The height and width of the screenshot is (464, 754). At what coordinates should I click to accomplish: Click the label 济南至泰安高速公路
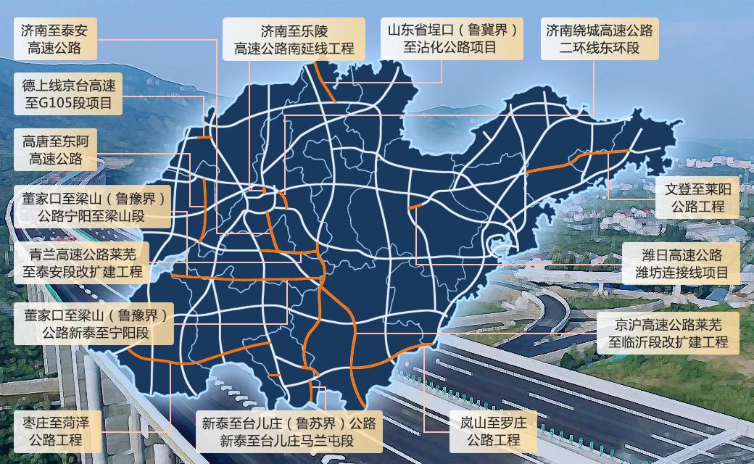(x=55, y=39)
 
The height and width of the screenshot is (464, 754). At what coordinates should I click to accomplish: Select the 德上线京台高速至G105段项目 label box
(x=69, y=93)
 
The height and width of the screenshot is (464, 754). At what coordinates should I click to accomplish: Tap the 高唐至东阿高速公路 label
(x=55, y=149)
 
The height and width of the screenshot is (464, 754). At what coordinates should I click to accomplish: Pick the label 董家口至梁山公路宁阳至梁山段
(x=92, y=206)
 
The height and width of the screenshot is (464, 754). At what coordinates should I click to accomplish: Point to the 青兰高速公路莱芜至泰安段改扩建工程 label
(x=81, y=263)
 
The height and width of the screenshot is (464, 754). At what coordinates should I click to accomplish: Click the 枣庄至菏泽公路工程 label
(x=55, y=431)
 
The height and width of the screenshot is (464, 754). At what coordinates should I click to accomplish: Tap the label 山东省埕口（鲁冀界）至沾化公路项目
(x=453, y=39)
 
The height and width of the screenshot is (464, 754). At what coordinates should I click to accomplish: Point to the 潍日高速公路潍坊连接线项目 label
(x=681, y=264)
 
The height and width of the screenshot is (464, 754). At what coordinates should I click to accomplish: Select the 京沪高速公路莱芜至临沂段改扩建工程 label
(x=668, y=333)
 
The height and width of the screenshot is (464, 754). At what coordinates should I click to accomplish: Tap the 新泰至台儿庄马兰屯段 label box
(x=289, y=431)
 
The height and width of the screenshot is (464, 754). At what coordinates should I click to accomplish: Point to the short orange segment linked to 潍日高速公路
(x=415, y=207)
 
